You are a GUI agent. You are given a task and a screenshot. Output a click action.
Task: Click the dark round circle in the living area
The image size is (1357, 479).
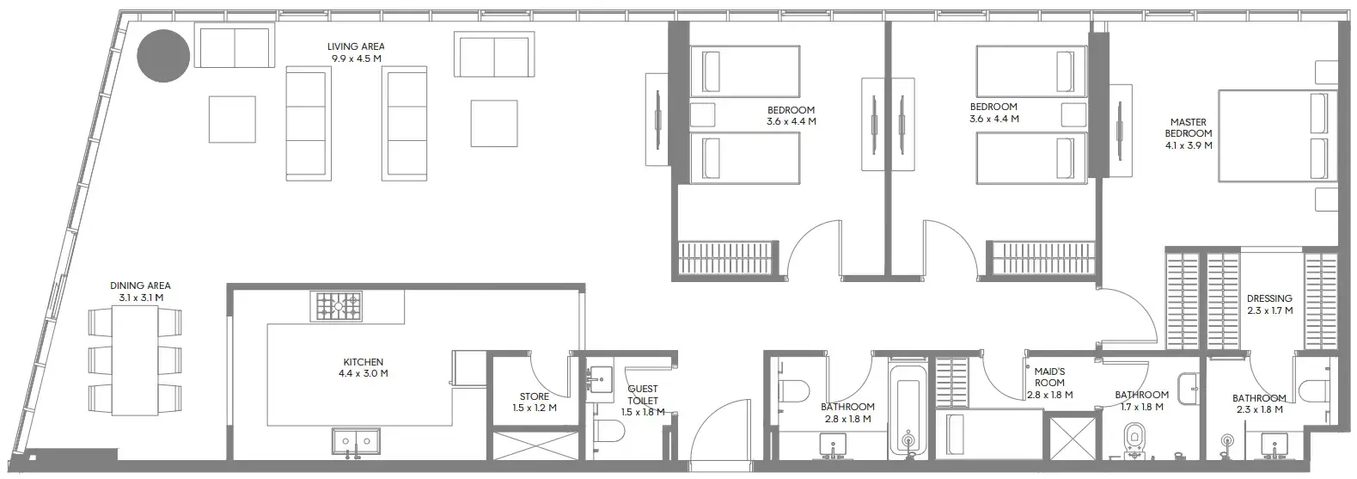coord(163,56)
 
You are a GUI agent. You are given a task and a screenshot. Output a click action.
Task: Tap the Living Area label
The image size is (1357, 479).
coord(356,46)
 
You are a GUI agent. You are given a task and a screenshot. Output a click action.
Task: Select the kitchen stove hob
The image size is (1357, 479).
coord(339,306)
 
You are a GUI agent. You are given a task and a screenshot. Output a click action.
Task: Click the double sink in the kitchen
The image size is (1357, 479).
coord(357,440)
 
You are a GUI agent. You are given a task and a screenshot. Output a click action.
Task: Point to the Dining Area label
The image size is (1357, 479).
coord(140,286)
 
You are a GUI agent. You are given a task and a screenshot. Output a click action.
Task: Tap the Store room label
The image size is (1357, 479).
coord(535,396)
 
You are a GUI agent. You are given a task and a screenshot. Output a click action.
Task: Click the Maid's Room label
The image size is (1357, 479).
coord(1049,378)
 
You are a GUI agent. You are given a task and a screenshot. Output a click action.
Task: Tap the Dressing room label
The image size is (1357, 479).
coord(1269,298)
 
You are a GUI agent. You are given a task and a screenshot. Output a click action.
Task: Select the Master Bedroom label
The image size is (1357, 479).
coord(1189,128)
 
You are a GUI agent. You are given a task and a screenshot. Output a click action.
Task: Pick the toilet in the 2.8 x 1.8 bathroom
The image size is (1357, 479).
coord(793,390)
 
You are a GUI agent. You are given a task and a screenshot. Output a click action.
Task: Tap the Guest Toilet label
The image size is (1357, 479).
coord(642,395)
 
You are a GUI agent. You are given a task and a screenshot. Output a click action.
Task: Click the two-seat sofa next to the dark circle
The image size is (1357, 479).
coord(235,47)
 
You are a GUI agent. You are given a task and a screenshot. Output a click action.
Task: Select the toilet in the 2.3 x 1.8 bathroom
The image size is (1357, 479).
coord(1314,390)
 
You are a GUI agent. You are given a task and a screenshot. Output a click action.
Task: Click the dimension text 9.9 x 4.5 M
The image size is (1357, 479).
coord(356,58)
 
